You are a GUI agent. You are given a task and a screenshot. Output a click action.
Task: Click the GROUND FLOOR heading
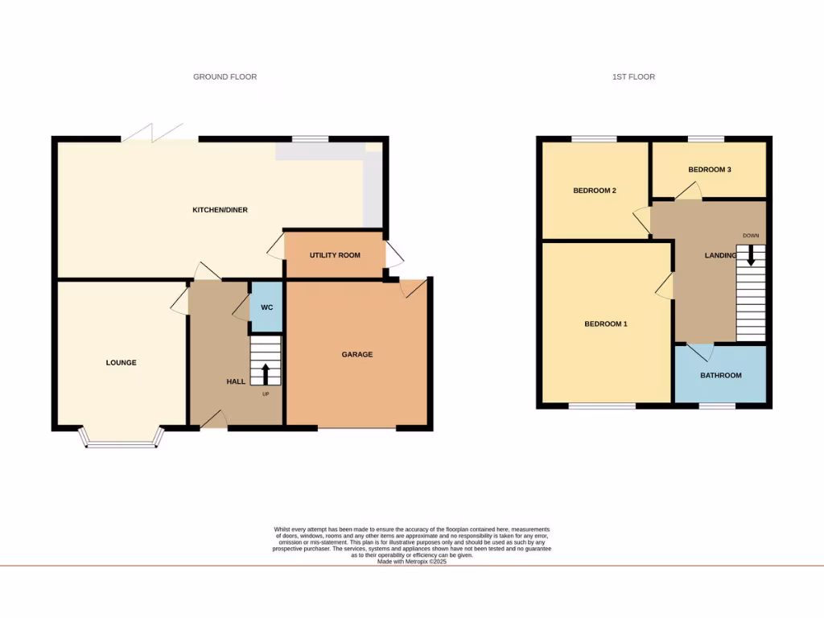click(225, 77)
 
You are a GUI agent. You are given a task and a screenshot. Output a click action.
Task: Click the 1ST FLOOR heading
click(633, 77)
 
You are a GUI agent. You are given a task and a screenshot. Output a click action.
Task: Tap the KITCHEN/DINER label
click(220, 210)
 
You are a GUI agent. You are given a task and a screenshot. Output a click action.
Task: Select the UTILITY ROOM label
click(335, 255)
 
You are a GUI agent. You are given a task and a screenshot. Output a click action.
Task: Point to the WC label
click(266, 307)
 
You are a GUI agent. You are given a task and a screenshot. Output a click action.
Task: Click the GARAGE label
click(357, 354)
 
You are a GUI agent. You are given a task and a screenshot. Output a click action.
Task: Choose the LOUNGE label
click(121, 363)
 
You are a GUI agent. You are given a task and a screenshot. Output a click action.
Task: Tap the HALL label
click(236, 381)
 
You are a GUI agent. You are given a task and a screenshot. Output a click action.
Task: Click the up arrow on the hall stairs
click(266, 373)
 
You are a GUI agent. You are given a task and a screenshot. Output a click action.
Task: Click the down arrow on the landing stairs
click(751, 256)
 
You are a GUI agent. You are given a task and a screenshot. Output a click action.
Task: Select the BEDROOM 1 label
click(605, 324)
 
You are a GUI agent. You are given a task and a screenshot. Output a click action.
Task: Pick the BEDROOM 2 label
click(595, 191)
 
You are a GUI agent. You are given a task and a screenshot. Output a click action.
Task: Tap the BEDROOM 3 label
click(710, 170)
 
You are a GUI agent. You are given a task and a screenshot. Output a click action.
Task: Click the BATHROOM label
click(720, 376)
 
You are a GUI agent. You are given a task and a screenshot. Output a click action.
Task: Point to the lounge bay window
click(121, 442)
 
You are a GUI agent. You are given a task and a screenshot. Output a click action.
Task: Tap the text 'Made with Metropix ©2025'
click(412, 562)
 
